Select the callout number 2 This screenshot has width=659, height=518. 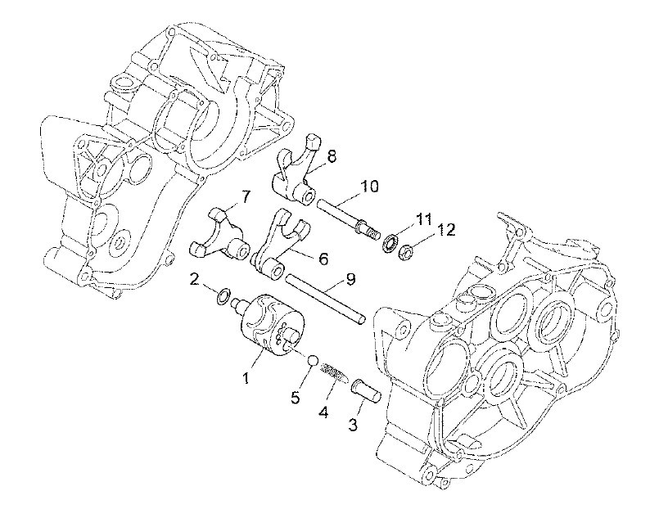pyautogui.click(x=194, y=280)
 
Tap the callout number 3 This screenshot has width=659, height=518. pyautogui.click(x=353, y=424)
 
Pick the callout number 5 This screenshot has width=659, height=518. pyautogui.click(x=296, y=397)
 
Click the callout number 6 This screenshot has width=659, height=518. pyautogui.click(x=323, y=259)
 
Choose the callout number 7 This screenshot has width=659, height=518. pyautogui.click(x=246, y=196)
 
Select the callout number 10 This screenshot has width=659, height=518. pyautogui.click(x=369, y=186)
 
